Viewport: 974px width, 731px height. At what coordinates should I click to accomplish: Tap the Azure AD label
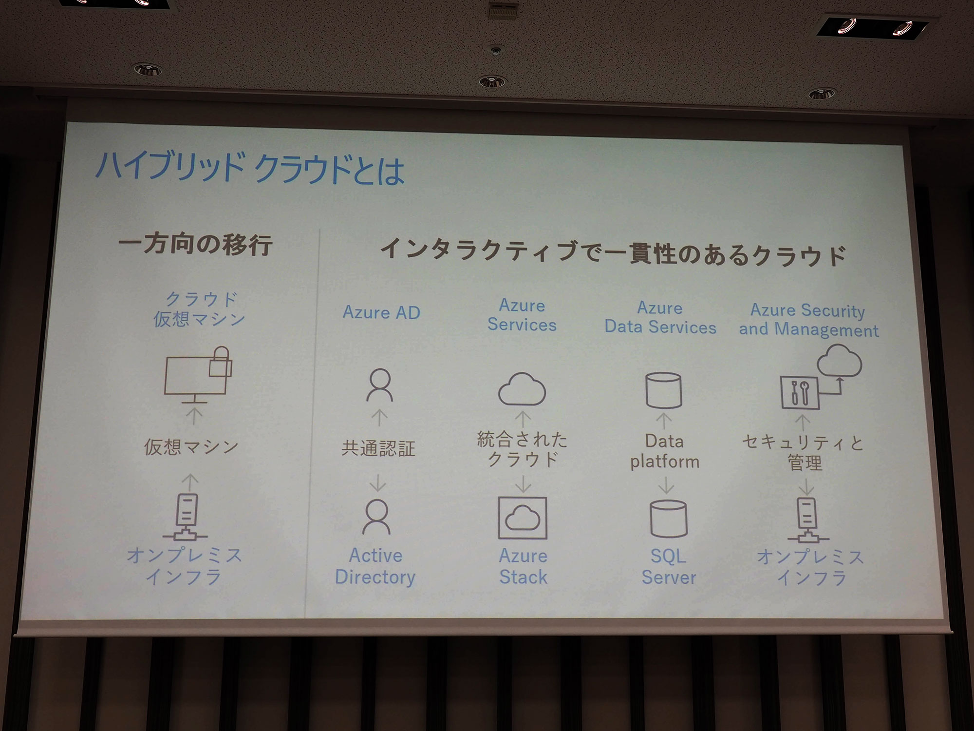381,312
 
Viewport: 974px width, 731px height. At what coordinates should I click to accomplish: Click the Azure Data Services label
660,318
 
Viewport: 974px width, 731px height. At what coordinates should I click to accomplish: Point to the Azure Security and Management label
808,320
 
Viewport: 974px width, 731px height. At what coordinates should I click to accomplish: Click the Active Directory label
375,566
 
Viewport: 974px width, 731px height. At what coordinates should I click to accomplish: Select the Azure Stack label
524,567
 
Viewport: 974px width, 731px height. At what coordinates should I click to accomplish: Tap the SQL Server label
669,567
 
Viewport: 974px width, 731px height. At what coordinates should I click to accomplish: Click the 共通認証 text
378,448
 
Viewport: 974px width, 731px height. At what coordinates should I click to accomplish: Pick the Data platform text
665,451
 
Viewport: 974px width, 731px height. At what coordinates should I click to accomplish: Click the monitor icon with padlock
197,375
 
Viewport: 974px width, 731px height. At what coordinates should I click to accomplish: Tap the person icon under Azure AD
380,385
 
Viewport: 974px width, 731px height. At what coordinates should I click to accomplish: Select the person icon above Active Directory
376,517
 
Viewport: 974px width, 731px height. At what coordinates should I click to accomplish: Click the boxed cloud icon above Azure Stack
523,518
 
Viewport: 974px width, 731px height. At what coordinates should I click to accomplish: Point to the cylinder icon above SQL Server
668,519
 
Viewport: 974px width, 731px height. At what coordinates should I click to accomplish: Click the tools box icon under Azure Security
800,392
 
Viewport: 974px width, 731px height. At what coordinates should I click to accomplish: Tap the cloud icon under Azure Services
522,389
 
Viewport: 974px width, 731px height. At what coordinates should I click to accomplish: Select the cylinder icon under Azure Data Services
663,390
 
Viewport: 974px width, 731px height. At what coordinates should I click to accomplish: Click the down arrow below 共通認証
378,482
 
